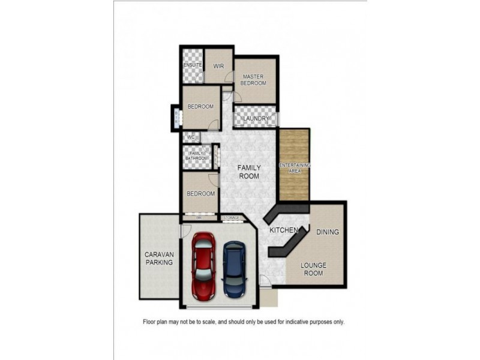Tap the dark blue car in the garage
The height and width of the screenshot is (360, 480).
click(233, 269)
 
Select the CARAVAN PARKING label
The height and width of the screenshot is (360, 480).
click(159, 258)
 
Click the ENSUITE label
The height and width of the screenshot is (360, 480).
click(193, 64)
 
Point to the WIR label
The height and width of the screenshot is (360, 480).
click(219, 65)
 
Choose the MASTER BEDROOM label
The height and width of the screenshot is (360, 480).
click(253, 80)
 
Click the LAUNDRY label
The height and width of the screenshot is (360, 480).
click(256, 119)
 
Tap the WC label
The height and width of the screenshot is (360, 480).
click(191, 137)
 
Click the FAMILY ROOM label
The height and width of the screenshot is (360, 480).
click(248, 172)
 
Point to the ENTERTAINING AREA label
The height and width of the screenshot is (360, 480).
click(295, 167)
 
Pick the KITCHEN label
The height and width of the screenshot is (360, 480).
click(284, 230)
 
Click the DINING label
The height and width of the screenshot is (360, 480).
click(328, 232)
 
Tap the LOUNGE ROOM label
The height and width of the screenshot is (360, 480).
click(312, 269)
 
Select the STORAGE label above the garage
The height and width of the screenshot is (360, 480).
click(231, 217)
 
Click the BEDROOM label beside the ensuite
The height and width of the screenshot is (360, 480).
click(200, 107)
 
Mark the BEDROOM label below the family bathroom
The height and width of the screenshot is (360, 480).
click(200, 194)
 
